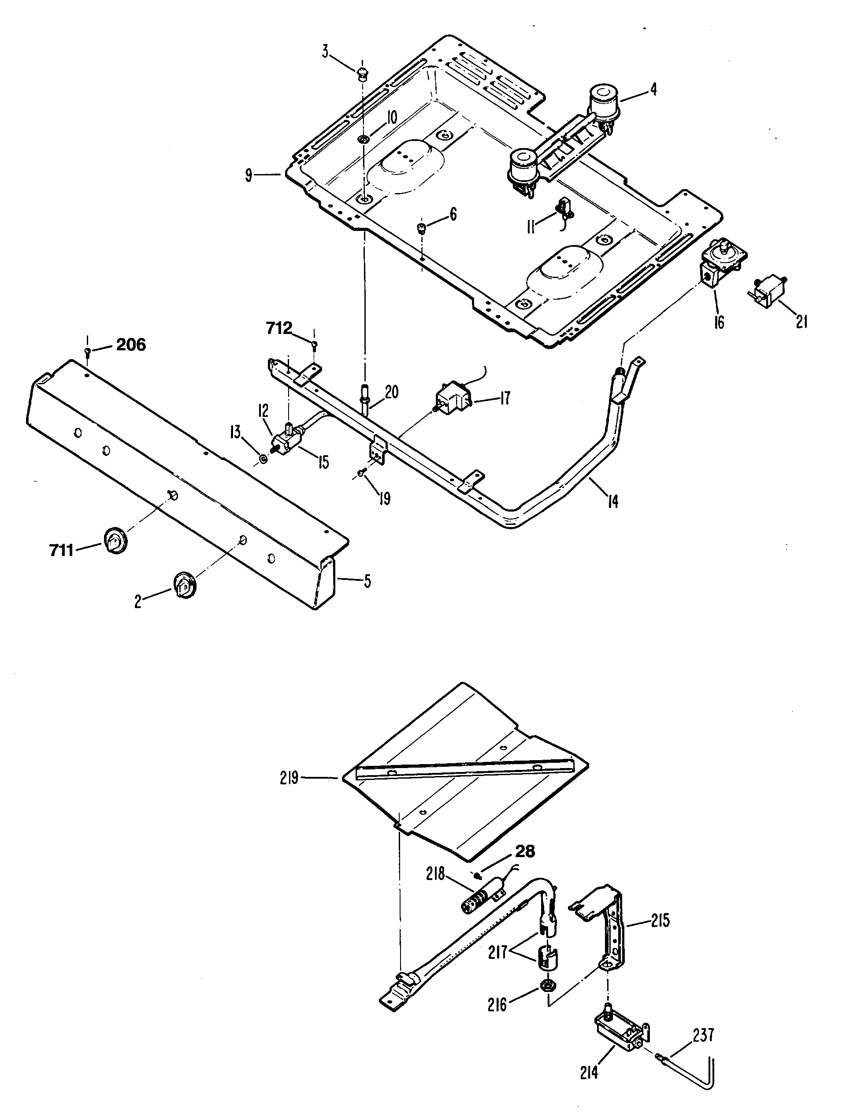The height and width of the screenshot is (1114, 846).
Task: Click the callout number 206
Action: click(x=131, y=345)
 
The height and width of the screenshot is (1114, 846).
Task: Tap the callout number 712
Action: click(x=279, y=328)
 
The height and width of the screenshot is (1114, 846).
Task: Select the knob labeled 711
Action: click(x=116, y=542)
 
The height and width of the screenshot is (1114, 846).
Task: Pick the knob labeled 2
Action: click(x=185, y=584)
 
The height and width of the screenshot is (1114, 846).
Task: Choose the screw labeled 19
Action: click(x=362, y=472)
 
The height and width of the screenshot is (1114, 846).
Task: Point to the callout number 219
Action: click(x=289, y=778)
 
